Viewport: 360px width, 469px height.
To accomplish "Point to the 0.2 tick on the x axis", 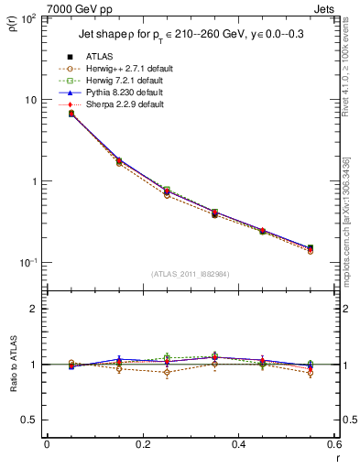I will coord(142,444).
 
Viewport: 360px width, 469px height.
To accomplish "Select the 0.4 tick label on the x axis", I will coord(238,444).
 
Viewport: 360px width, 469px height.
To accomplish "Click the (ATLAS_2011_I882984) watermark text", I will coord(190,274).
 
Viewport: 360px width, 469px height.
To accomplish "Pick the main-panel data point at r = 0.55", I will coord(311,248).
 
